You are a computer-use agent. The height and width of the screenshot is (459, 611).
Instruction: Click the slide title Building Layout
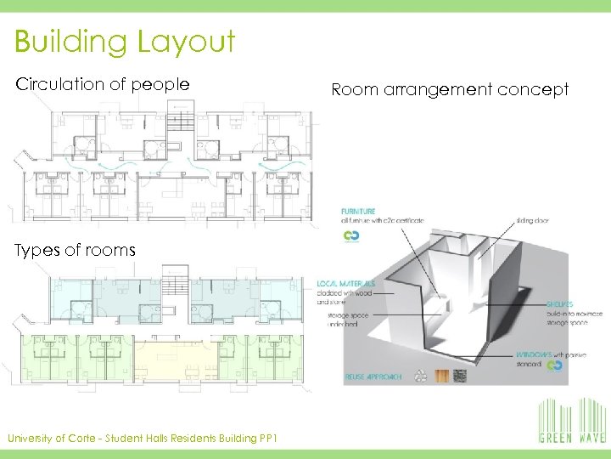point(125,42)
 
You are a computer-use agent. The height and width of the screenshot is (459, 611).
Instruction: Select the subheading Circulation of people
point(103,84)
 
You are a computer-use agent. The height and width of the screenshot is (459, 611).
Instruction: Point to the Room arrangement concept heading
point(450,89)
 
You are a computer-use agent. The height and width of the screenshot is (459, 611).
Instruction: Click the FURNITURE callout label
point(358,210)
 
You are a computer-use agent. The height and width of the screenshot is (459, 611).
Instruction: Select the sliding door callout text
point(531,220)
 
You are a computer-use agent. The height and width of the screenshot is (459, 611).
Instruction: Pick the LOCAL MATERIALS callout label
point(345,282)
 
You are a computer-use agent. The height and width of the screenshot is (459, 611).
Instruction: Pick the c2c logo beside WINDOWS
point(554,365)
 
